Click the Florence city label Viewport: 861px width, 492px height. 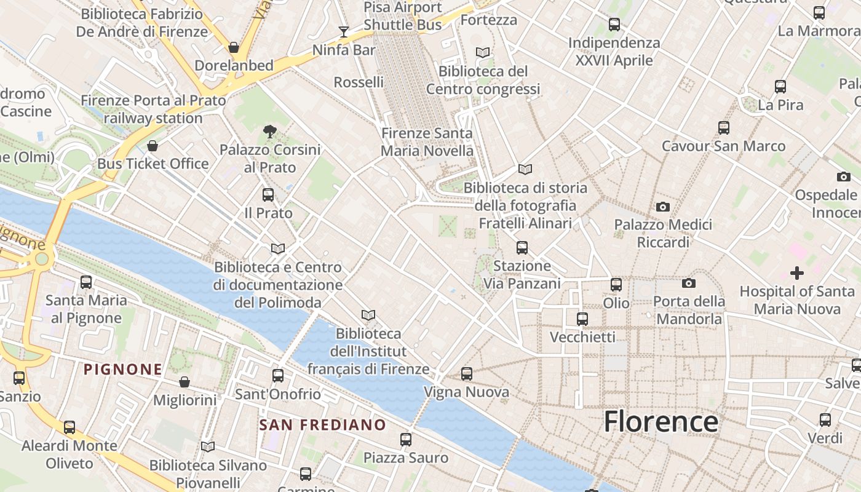pyautogui.click(x=661, y=422)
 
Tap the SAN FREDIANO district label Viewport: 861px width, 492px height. pyautogui.click(x=322, y=425)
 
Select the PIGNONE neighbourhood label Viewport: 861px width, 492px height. pyautogui.click(x=123, y=370)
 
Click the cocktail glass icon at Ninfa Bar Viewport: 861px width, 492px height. pyautogui.click(x=344, y=31)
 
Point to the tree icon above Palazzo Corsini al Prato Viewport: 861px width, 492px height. pyautogui.click(x=269, y=131)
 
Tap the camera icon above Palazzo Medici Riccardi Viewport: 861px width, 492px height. pyautogui.click(x=663, y=207)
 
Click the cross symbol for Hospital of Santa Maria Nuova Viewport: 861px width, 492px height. pyautogui.click(x=797, y=272)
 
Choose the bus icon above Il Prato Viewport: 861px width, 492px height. pyautogui.click(x=268, y=195)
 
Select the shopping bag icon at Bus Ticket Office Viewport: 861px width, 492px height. pyautogui.click(x=153, y=146)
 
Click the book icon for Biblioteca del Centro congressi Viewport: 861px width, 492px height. pyautogui.click(x=483, y=53)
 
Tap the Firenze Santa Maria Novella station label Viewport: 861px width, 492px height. pyautogui.click(x=427, y=142)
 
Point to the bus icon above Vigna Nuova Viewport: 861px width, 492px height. pyautogui.click(x=467, y=373)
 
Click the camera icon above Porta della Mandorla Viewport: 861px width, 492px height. pyautogui.click(x=689, y=283)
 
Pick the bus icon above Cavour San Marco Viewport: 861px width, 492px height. pyautogui.click(x=724, y=128)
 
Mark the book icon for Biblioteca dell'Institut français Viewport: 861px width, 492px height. pyautogui.click(x=368, y=315)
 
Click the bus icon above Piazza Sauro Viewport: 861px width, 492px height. pyautogui.click(x=406, y=439)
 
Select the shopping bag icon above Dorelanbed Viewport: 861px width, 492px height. pyautogui.click(x=234, y=47)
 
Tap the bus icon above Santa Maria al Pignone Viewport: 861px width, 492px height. pyautogui.click(x=86, y=282)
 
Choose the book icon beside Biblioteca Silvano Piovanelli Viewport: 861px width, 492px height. pyautogui.click(x=208, y=446)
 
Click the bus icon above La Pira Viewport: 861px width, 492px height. pyautogui.click(x=780, y=87)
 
